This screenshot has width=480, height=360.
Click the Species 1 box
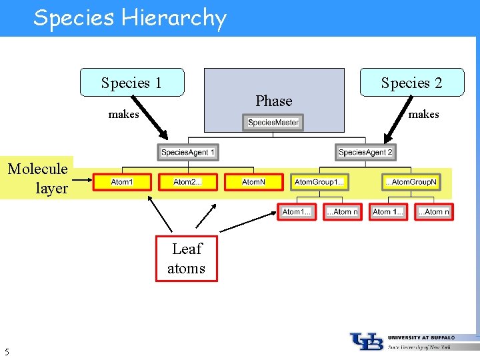coord(132,83)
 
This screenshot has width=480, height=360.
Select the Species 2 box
coord(411,83)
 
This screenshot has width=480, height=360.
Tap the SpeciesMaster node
coord(273,122)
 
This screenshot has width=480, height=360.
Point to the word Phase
coord(274,101)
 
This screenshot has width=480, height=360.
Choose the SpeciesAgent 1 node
coord(188,152)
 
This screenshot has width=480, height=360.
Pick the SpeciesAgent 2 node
coord(365,152)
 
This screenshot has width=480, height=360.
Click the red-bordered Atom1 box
coord(122,182)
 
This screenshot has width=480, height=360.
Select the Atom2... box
coord(187,182)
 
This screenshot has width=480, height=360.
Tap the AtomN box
coord(253,182)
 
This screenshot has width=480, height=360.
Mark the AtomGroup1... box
coord(319,182)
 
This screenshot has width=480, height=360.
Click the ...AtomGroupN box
coord(411,182)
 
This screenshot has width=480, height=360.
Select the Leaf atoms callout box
coord(187,259)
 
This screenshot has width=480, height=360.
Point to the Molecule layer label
coord(37,178)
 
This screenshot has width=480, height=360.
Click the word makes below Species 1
coord(123,114)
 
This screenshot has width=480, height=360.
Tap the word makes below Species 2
coord(423,114)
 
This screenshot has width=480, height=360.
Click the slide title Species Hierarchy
coord(130,18)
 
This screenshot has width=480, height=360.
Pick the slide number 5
coord(7,351)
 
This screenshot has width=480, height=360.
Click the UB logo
coord(367,341)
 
